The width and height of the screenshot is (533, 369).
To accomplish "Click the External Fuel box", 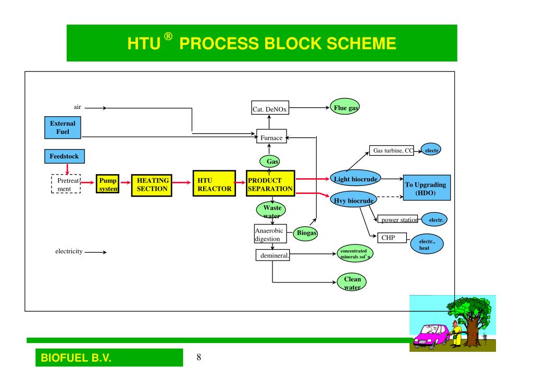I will [x=63, y=128].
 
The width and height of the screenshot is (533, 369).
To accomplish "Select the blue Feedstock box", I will [x=63, y=156].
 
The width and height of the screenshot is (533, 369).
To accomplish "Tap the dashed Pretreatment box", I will [x=66, y=183].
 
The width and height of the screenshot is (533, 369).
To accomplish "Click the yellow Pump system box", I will [x=108, y=183].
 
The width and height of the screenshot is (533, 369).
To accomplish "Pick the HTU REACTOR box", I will [x=213, y=183].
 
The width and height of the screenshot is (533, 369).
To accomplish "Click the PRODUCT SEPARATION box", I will [x=270, y=183].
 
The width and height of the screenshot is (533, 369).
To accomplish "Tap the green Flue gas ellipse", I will [x=345, y=108].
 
